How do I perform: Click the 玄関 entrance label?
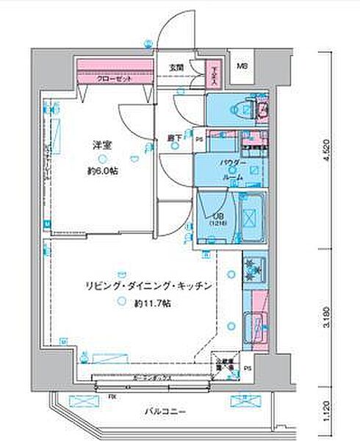tap(176, 67)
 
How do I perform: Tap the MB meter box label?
tap(242, 68)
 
